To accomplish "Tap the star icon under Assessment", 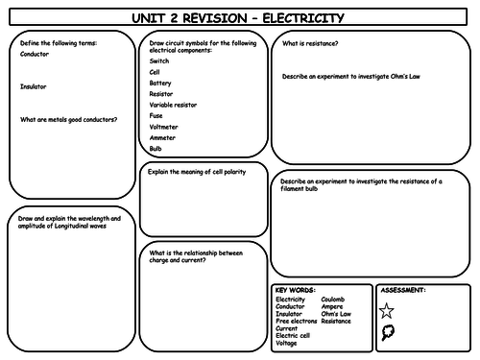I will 386,309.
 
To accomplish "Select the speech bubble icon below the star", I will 387,332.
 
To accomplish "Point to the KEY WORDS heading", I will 294,289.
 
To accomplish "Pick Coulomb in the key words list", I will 332,299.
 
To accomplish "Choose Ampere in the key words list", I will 331,306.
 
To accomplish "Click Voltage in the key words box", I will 286,343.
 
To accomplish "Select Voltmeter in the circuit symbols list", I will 163,127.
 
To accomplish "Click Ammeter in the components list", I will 162,138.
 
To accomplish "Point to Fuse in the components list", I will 156,116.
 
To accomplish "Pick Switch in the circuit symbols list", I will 158,60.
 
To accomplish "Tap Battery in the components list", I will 160,83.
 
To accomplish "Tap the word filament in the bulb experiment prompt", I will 299,188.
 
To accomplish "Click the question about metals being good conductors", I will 68,119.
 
